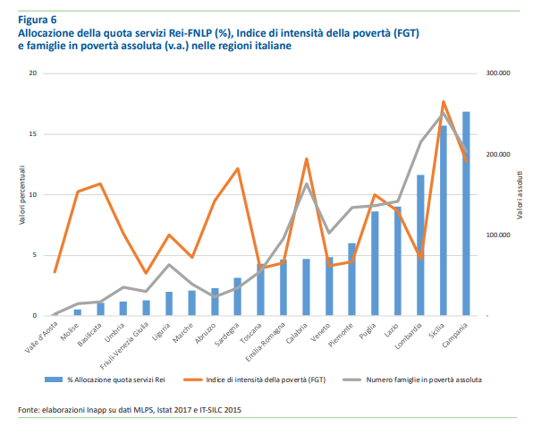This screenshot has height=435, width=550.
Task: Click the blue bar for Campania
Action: [x=466, y=215]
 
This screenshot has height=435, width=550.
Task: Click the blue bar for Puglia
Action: [x=375, y=264]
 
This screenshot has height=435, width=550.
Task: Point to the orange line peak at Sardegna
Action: [x=237, y=168]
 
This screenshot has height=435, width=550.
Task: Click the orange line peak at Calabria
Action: [x=306, y=158]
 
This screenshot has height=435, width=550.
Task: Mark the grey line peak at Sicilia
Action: [x=443, y=113]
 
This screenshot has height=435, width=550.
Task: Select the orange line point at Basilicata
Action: [x=100, y=183]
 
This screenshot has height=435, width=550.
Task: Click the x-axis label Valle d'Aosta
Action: [x=45, y=337]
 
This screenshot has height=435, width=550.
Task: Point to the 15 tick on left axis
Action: [x=32, y=133]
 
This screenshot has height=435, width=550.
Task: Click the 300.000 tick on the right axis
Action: [x=497, y=73]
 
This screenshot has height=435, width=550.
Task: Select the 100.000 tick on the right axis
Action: [x=497, y=235]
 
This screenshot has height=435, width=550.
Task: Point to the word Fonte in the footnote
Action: [x=29, y=409]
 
